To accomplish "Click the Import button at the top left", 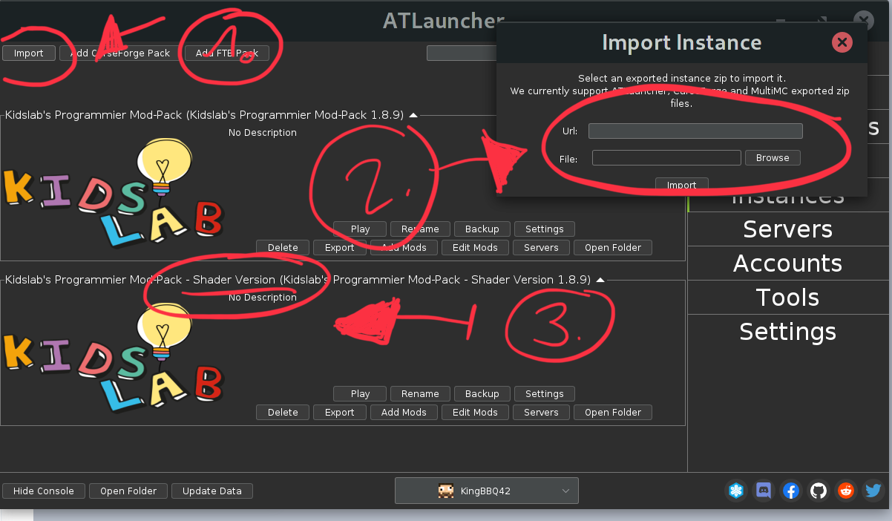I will coord(29,53).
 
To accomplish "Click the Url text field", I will coord(695,131).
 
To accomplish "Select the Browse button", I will coord(773,158).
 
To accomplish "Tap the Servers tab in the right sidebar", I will coord(787,229).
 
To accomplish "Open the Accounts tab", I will coord(787,263).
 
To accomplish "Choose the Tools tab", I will coord(787,298).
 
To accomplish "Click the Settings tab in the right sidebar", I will coord(787,332).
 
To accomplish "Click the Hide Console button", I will coord(44,491).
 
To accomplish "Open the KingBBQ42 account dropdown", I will coord(486,491).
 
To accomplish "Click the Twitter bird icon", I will coord(873,491).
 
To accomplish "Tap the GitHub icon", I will coord(819,491).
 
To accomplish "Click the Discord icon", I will coord(764,491).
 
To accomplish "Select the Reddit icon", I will coord(846,491).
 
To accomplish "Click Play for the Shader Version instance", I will coord(360,394).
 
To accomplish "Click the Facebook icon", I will coord(791,491).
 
